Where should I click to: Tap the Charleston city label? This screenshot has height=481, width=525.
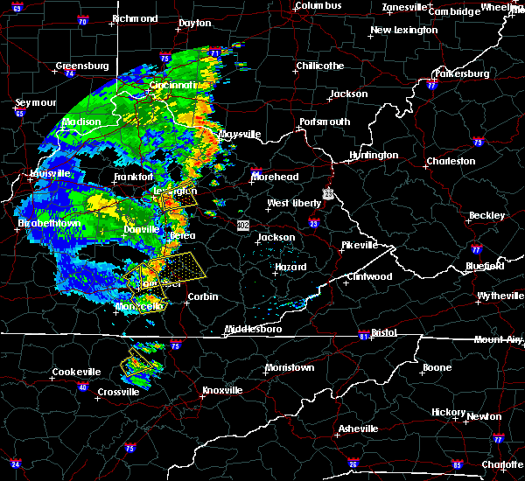[450, 161]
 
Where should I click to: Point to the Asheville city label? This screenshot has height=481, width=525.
[359, 429]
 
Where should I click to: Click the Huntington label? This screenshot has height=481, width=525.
[374, 156]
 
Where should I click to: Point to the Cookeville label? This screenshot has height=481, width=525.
[76, 372]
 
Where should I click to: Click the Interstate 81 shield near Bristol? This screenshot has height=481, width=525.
[363, 336]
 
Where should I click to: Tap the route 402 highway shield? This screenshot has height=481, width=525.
[244, 226]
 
